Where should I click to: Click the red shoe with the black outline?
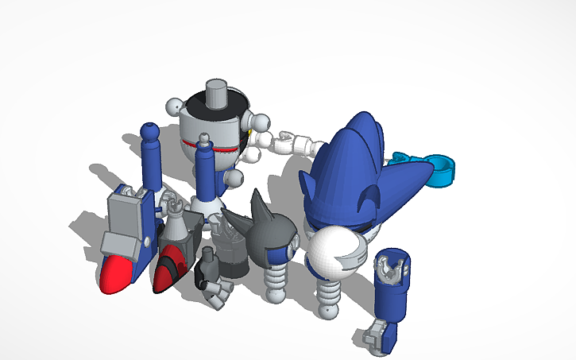(169, 268)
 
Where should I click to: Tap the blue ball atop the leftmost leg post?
(149, 130)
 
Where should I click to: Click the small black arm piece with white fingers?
(209, 270)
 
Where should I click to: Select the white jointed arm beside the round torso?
(291, 144)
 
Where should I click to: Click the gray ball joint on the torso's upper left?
(176, 106)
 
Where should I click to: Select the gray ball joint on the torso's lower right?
(235, 180)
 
